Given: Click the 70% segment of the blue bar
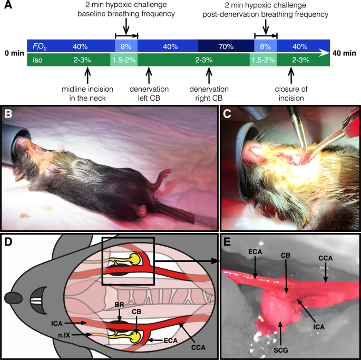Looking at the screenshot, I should point(226,46).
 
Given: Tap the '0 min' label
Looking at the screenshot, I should point(13,53).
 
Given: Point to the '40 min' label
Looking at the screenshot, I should point(345,53).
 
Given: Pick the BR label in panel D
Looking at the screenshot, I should point(120,304).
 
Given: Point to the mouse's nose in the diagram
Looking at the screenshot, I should point(11,298).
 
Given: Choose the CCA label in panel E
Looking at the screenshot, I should point(325,259).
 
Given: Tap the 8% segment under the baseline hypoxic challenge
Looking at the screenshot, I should point(126,46).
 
